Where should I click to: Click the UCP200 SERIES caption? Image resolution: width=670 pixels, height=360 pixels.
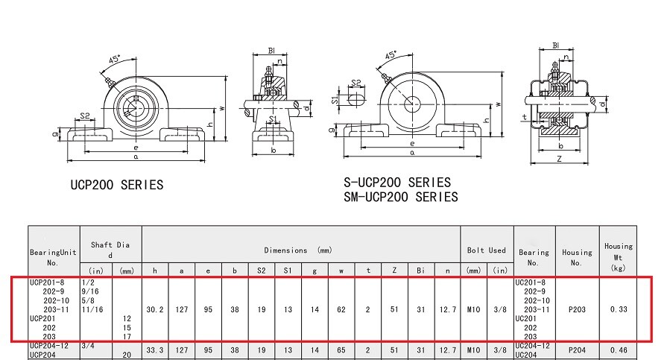tap(116, 185)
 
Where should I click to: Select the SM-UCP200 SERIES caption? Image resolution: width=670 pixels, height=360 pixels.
tap(400, 197)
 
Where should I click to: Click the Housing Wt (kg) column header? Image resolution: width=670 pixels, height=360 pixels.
tap(618, 256)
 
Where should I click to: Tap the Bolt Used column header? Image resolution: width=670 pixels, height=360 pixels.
tap(487, 250)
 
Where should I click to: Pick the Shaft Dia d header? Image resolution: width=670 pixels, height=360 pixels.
tap(111, 249)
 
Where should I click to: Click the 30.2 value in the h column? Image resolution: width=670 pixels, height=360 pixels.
tap(155, 309)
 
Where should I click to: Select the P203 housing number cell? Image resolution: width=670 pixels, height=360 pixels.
tap(577, 309)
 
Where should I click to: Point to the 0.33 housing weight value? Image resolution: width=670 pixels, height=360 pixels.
tap(618, 309)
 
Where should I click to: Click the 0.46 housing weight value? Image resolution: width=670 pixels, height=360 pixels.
tap(618, 350)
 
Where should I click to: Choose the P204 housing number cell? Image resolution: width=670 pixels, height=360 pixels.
tap(577, 350)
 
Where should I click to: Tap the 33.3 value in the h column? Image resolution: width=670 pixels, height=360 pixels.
tap(155, 350)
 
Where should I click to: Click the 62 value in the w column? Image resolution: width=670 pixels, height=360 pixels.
tap(340, 309)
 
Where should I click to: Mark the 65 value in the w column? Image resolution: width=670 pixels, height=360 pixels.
tap(340, 350)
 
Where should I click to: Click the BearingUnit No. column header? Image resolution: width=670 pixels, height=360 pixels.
tap(52, 258)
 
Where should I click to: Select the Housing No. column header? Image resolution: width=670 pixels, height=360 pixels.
tap(577, 258)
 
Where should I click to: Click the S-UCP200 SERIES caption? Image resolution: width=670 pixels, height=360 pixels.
tap(396, 182)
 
